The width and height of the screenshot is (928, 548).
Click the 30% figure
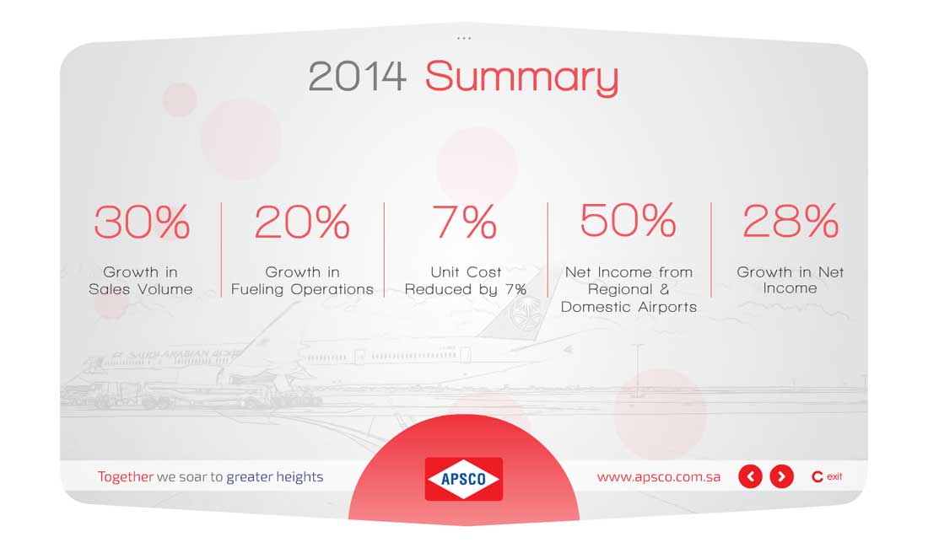tap(142, 222)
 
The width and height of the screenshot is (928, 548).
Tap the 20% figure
tap(302, 222)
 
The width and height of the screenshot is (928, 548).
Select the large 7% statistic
tap(465, 222)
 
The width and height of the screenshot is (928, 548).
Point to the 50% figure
tap(628, 220)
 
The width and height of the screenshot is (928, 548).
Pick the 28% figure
tap(790, 221)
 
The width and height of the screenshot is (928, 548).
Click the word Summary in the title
tap(521, 78)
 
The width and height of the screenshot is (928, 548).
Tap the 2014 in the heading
tap(358, 76)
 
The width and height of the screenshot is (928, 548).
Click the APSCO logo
tap(464, 479)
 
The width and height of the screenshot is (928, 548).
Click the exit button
tap(827, 476)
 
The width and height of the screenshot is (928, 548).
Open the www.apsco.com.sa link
tap(659, 477)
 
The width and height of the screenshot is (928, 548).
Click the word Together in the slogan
tap(126, 476)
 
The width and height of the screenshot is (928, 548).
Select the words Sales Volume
tap(141, 289)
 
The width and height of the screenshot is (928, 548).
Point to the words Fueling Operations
tap(302, 289)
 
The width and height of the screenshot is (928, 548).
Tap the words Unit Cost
tap(466, 272)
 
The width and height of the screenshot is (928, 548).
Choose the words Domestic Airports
tap(629, 307)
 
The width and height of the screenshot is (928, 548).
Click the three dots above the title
tap(464, 39)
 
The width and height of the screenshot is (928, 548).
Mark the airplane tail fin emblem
tap(522, 314)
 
